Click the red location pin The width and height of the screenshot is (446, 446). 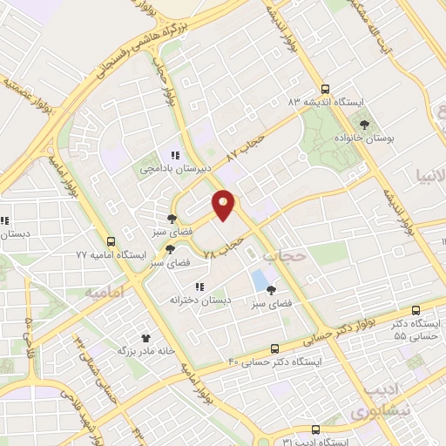(x=225, y=205)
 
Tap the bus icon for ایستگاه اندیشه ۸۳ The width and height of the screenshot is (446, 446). (x=325, y=89)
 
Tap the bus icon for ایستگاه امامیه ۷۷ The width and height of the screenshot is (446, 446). (x=111, y=242)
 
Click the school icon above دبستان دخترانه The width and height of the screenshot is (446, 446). (x=199, y=287)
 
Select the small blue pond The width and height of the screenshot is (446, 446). (x=260, y=280)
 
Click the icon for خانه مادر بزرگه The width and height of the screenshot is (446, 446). (x=146, y=337)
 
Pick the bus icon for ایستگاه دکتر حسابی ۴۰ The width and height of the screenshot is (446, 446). (x=275, y=348)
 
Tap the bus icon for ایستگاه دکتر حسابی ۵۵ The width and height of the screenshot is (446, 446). (x=416, y=309)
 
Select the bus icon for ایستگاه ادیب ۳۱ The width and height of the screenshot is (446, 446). (x=315, y=429)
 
